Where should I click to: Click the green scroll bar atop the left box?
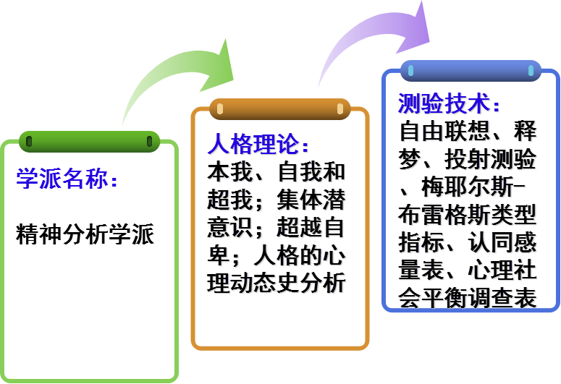89,141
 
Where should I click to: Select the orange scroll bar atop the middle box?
279,108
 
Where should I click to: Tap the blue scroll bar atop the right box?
471,71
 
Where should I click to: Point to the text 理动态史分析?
277,283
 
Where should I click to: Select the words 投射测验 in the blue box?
489,160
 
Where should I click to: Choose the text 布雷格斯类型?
468,216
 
